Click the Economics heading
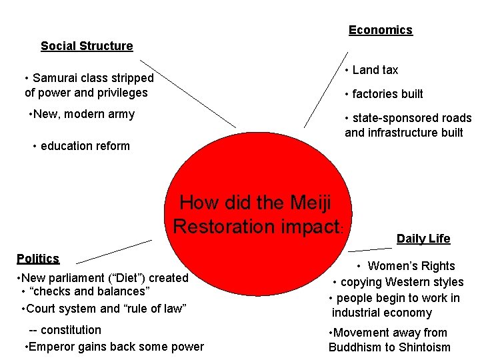tap(380, 30)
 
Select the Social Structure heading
tap(87, 46)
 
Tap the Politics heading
tap(38, 259)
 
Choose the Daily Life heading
tap(423, 239)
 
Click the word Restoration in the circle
tap(227, 226)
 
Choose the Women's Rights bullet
tap(411, 266)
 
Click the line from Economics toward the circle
tap(325, 90)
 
